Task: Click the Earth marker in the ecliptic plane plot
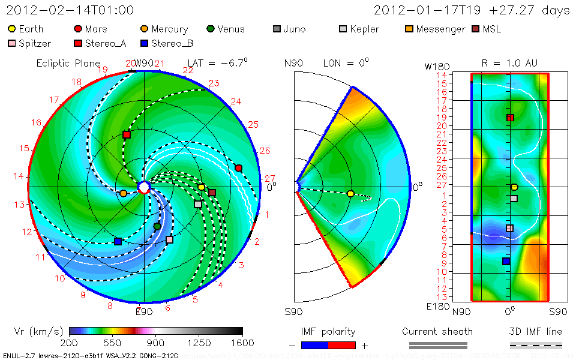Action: point(202,187)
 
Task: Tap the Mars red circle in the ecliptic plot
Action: point(239,168)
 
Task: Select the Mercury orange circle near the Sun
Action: point(123,193)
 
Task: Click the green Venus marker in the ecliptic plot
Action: point(157,226)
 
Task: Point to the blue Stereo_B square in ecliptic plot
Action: point(118,242)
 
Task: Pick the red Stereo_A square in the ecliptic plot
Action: point(126,135)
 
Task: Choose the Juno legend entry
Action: point(294,29)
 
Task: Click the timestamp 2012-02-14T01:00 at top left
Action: point(70,10)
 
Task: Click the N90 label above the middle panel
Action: point(292,63)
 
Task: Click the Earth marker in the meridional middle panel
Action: point(350,194)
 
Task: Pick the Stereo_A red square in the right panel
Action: point(510,118)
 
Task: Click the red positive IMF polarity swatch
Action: point(342,345)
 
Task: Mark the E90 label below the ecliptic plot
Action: point(144,311)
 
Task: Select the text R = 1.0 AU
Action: point(510,63)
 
